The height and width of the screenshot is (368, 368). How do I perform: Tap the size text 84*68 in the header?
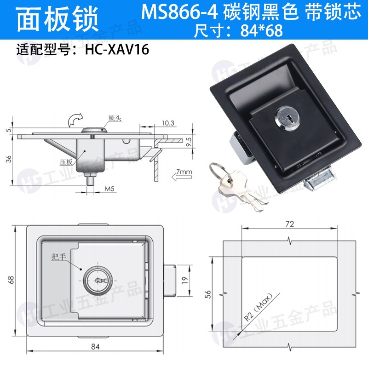pos(261,30)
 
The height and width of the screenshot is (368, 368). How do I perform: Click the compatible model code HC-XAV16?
pos(117,50)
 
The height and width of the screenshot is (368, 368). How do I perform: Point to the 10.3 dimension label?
pos(168,123)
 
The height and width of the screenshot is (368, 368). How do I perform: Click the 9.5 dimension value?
pos(189,142)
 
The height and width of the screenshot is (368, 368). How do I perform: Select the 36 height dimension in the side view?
pos(9,160)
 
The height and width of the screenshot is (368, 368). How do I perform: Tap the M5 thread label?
pos(109,189)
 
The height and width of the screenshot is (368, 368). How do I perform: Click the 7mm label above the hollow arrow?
pos(184,172)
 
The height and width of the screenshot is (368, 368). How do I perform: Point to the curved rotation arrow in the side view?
pos(75,120)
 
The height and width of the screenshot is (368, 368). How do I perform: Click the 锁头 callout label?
pos(115,118)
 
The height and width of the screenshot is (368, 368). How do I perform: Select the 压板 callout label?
pos(66,162)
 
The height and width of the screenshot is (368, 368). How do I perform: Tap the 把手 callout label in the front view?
pos(59,257)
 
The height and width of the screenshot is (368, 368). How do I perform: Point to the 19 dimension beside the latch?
pos(185,280)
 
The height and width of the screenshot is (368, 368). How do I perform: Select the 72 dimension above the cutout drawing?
pos(290,224)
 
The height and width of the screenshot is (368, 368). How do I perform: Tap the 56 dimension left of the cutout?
pos(208,294)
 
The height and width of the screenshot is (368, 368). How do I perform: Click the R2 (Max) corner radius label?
pos(258,307)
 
